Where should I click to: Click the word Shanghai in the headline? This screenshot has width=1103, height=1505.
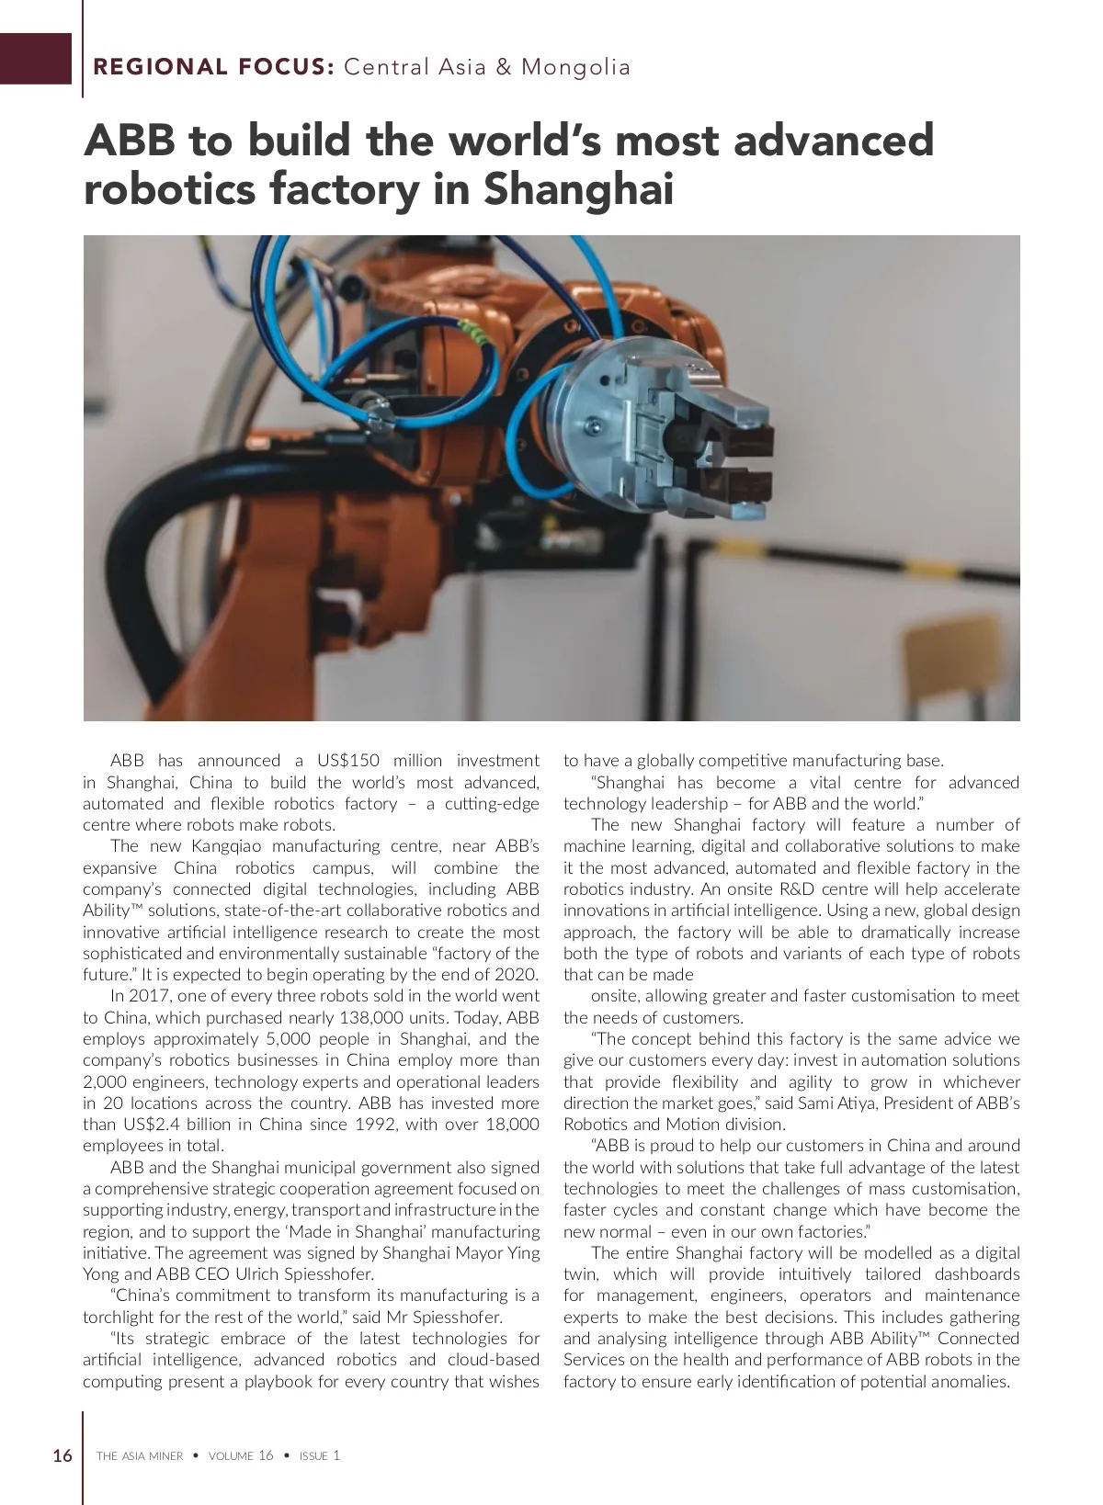click(x=579, y=189)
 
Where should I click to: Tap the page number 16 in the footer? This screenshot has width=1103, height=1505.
click(x=63, y=1455)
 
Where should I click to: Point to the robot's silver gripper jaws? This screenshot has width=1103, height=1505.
click(x=726, y=432)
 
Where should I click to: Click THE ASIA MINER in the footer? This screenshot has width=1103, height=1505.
click(x=140, y=1456)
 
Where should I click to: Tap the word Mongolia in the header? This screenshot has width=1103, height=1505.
click(x=575, y=67)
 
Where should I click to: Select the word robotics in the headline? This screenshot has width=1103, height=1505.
click(x=169, y=189)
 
